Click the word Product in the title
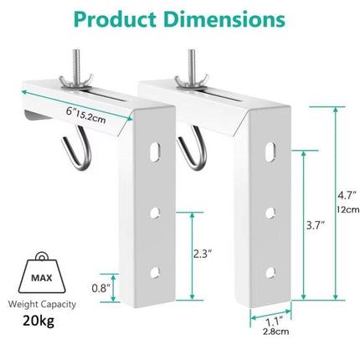tap(115, 19)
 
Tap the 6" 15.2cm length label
tap(86, 116)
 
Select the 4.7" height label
tap(347, 195)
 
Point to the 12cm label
tap(347, 209)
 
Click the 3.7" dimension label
tap(316, 225)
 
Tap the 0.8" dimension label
tap(101, 288)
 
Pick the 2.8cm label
tap(275, 332)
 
